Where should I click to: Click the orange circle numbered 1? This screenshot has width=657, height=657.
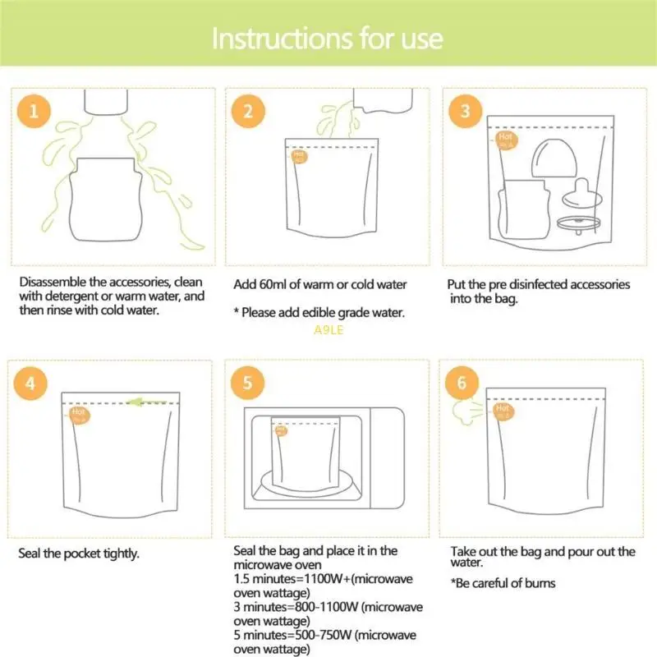[x=33, y=112]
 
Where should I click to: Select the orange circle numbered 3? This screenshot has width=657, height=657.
[x=466, y=112]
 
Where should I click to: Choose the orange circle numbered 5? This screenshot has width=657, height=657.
[x=248, y=383]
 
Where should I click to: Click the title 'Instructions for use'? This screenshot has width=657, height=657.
[x=328, y=39]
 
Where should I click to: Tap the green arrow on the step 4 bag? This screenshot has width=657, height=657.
[x=147, y=402]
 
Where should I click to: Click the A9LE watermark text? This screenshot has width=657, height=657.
[x=328, y=330]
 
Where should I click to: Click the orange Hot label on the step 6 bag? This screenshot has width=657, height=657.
[x=502, y=411]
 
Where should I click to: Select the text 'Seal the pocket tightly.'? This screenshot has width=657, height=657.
[x=79, y=554]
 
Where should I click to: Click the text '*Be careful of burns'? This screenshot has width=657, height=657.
[x=503, y=583]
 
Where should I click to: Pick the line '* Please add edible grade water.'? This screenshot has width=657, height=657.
[x=319, y=313]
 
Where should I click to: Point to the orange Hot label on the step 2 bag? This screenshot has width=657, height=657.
[x=299, y=154]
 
